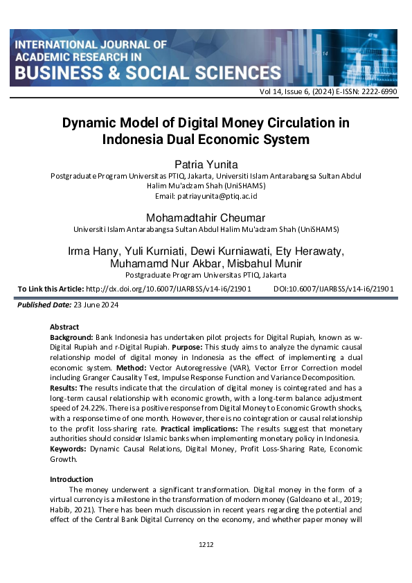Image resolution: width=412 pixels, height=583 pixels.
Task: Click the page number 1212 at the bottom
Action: click(206, 545)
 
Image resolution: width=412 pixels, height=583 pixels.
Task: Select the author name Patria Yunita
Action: click(206, 164)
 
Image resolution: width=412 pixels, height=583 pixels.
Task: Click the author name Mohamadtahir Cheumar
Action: click(206, 217)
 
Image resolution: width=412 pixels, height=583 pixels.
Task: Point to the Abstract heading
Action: click(64, 327)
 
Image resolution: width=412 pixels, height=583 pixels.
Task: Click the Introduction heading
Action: click(71, 479)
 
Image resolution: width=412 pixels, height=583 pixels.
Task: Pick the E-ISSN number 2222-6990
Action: click(377, 91)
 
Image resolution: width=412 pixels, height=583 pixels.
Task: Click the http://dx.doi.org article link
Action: click(168, 289)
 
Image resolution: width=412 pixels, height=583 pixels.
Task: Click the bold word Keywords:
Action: click(69, 449)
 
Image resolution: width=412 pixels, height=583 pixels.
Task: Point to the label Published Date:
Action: click(43, 305)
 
